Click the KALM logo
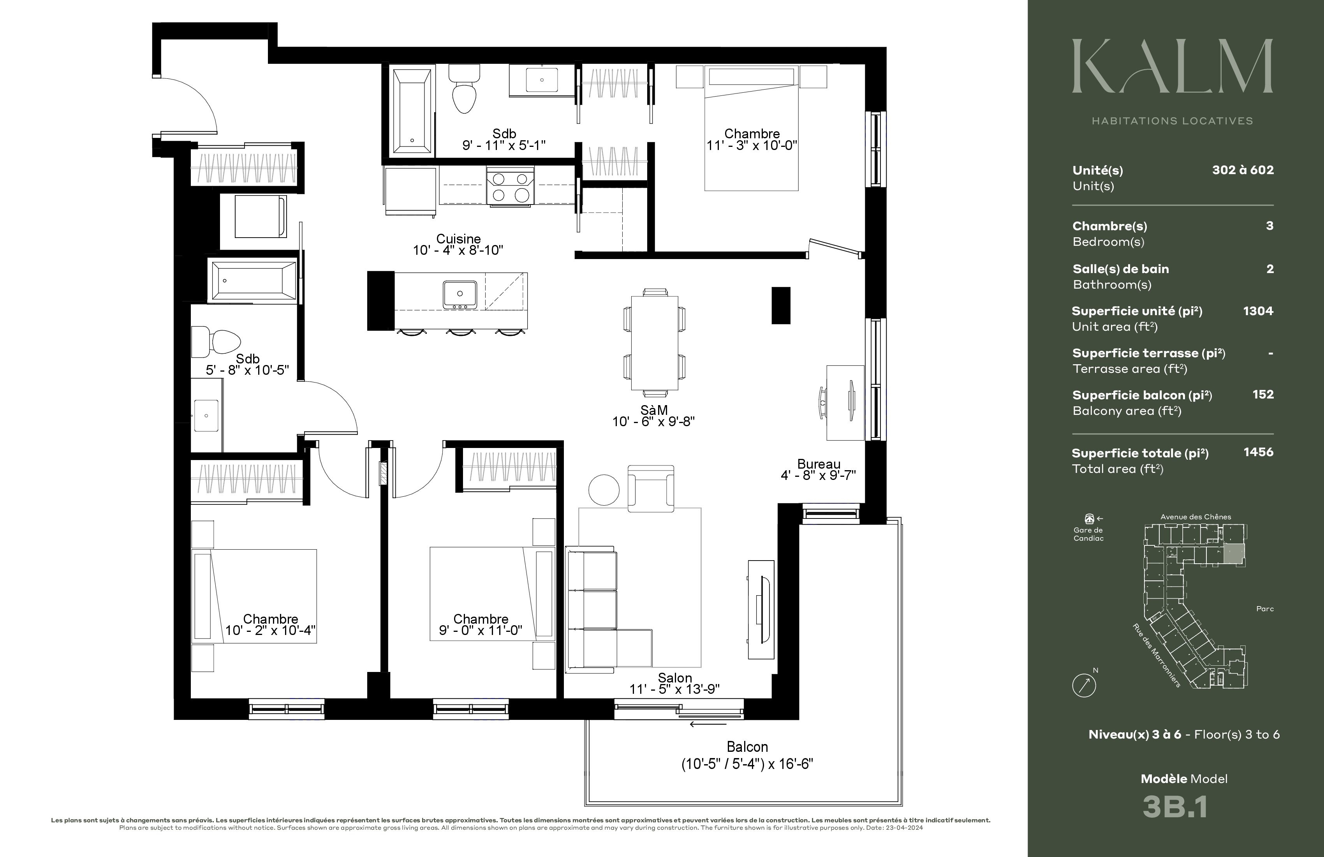pos(1173,66)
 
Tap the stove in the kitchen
pos(510,187)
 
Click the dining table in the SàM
pos(654,342)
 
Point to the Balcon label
pos(747,747)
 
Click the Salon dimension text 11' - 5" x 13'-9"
pos(674,689)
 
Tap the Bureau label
pos(818,464)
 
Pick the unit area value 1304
pos(1258,311)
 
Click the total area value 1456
pos(1258,452)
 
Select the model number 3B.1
pos(1175,806)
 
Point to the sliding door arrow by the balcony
pos(708,724)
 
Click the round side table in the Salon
pos(604,490)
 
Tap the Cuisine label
pos(458,239)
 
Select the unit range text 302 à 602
pos(1243,170)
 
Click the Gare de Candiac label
pos(1088,534)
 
